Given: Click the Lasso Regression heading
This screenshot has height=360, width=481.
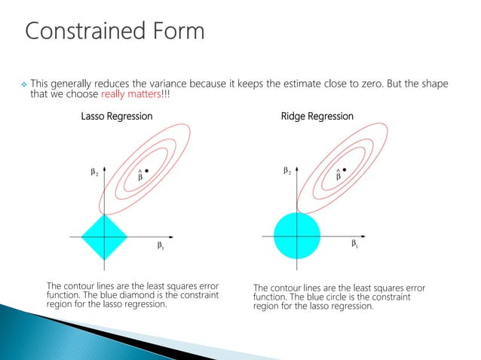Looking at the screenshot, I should click(x=117, y=117).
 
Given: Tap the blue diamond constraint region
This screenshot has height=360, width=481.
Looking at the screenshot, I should click(x=105, y=236).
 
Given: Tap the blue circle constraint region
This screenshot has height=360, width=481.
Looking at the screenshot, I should click(x=298, y=236).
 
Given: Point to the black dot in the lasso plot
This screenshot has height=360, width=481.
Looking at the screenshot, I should click(x=146, y=170).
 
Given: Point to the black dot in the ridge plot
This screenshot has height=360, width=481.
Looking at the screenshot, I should click(x=344, y=170).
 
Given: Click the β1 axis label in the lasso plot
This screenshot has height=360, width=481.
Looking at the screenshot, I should click(x=161, y=245).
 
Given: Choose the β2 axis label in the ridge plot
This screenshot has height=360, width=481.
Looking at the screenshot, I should click(x=288, y=172).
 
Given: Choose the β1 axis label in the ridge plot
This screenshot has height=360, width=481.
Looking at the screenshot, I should click(x=354, y=244).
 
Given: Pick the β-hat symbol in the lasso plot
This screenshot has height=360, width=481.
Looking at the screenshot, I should click(x=140, y=176).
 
